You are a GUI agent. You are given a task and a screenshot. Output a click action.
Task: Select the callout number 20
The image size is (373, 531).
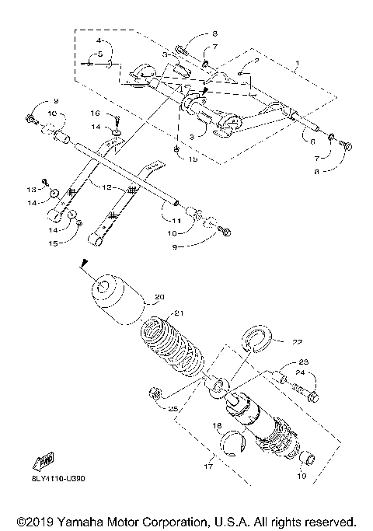[x=160, y=296]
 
